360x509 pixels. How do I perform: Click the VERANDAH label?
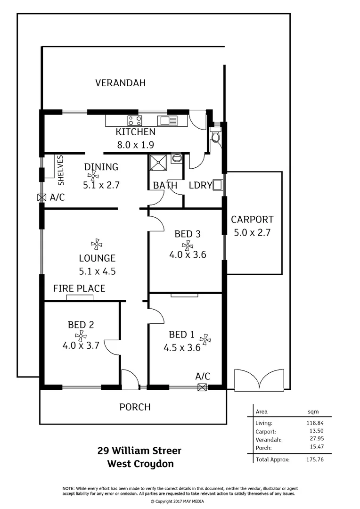coord(120,83)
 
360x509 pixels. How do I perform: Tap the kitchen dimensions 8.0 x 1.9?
coord(136,145)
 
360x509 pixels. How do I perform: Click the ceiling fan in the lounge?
coord(97,244)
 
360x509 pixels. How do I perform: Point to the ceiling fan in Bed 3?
coord(188,245)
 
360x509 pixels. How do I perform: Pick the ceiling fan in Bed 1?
coord(205,339)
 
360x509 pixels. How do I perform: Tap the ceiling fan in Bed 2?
coord(81,336)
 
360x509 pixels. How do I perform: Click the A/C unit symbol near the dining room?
coord(42,197)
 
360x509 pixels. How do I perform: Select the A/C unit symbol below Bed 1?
coord(203,387)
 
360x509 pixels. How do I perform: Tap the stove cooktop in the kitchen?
coord(134,120)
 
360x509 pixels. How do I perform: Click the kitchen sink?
coord(168,121)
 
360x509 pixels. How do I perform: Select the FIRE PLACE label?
coord(79,288)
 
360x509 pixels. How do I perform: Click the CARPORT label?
coord(252,219)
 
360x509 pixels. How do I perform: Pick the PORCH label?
coord(135,407)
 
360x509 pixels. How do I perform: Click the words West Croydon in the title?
coord(140,463)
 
